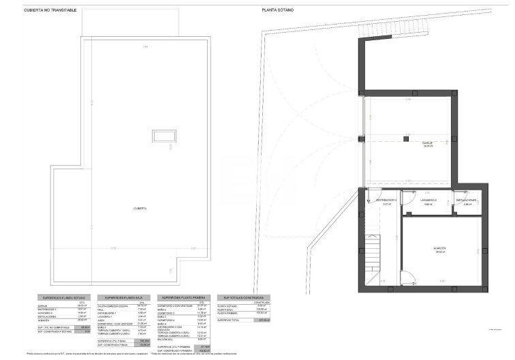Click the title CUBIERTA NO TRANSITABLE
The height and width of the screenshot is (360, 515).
50,10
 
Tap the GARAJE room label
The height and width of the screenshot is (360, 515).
428,142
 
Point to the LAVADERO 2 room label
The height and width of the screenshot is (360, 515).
429,200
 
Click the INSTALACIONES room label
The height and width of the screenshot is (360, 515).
467,200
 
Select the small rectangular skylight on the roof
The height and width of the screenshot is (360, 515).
163,136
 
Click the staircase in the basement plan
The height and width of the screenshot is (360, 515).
373,259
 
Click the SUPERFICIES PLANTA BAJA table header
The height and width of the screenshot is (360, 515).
123,298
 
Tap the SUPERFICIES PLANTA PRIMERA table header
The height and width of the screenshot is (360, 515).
185,298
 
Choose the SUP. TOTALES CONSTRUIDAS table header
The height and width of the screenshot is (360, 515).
242,298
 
